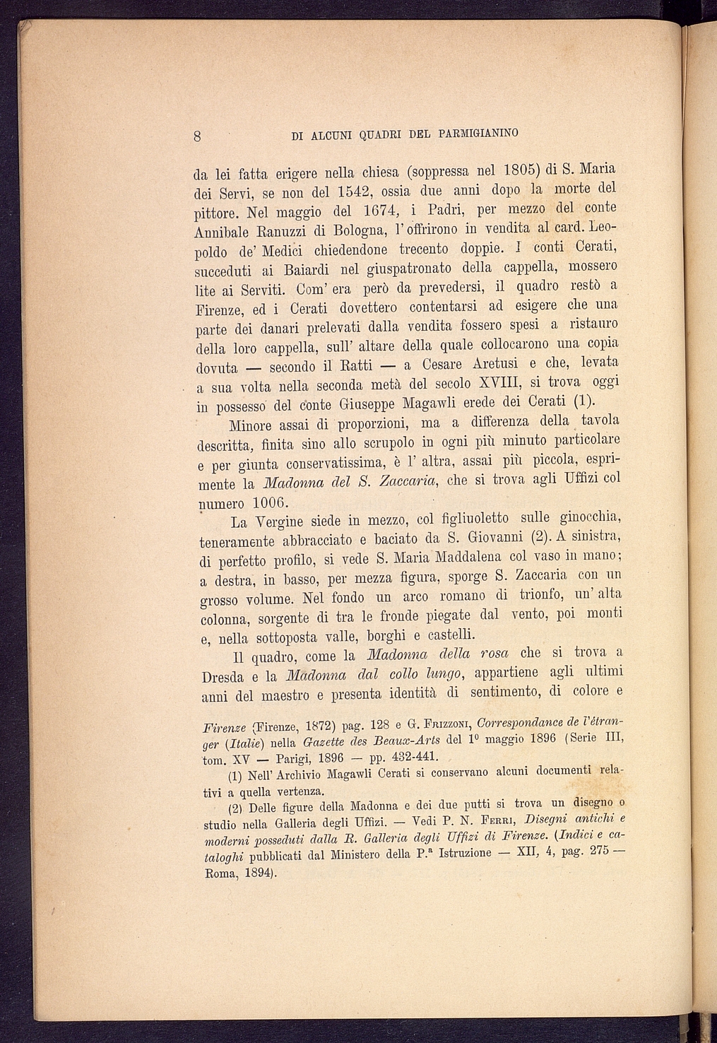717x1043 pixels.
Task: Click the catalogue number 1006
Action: [260, 503]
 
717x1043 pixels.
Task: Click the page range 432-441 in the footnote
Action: [414, 755]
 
